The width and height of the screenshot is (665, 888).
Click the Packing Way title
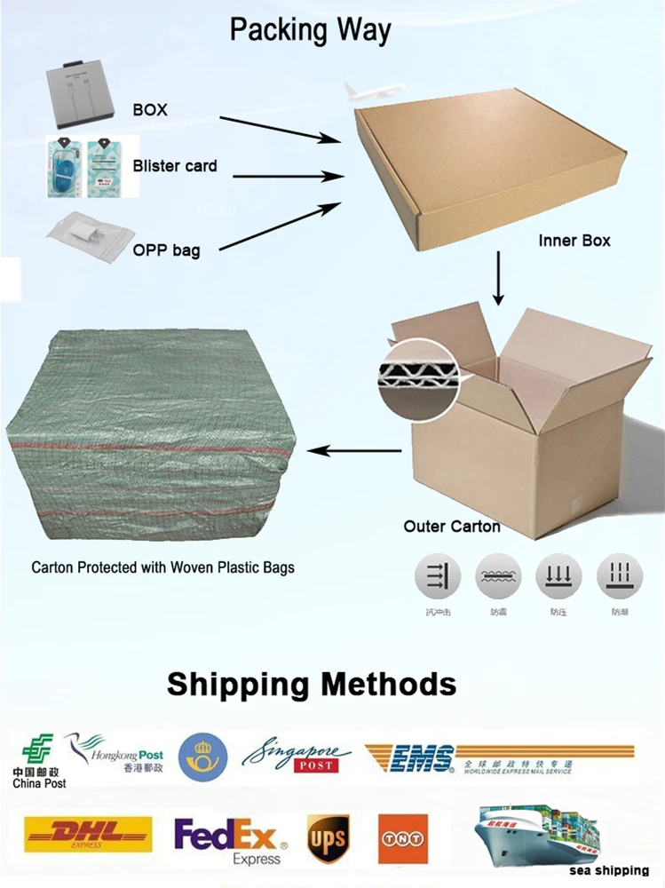click(310, 29)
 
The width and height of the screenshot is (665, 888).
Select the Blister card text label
click(175, 166)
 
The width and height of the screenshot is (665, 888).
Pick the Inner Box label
click(574, 241)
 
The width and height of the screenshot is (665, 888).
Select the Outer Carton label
click(452, 527)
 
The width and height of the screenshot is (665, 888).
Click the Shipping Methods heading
click(312, 684)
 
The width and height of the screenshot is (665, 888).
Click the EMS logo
click(497, 759)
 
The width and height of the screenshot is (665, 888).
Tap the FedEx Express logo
click(230, 839)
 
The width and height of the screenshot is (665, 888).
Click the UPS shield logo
click(329, 836)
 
